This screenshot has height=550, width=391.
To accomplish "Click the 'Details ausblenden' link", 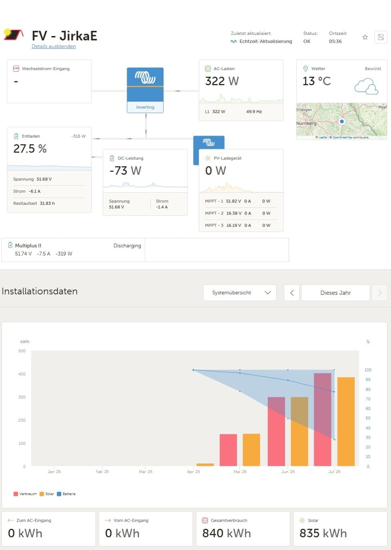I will click(54, 46).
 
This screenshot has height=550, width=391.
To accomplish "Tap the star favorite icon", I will click(365, 37).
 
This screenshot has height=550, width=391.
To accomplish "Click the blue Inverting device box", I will click(145, 90).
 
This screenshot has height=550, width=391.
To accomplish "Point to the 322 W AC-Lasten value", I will click(222, 81).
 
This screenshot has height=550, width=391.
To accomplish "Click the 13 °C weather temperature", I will click(317, 81).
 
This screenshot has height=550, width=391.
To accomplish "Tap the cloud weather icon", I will click(366, 86).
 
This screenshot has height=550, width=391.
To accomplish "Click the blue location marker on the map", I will click(341, 121).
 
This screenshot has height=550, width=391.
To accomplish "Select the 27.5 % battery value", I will click(30, 149).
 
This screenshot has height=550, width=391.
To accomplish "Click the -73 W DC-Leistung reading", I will click(125, 171).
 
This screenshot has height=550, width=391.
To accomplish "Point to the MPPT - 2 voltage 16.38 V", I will click(233, 213).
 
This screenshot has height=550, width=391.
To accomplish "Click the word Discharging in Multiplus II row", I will click(127, 246).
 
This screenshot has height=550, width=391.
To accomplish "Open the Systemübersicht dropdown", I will click(240, 293).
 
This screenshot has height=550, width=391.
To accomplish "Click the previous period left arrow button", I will click(292, 293).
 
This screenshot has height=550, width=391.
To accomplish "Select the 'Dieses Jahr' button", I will click(335, 293).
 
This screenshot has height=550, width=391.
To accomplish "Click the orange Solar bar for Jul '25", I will click(346, 421).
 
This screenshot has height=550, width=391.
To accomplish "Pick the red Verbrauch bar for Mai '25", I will click(228, 450).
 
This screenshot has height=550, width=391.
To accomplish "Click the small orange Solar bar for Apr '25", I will click(205, 464).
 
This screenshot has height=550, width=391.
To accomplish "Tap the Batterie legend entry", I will click(66, 494).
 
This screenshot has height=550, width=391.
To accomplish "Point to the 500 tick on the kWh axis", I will click(22, 351).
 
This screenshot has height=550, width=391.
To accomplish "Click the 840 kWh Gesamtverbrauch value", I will click(226, 533).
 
